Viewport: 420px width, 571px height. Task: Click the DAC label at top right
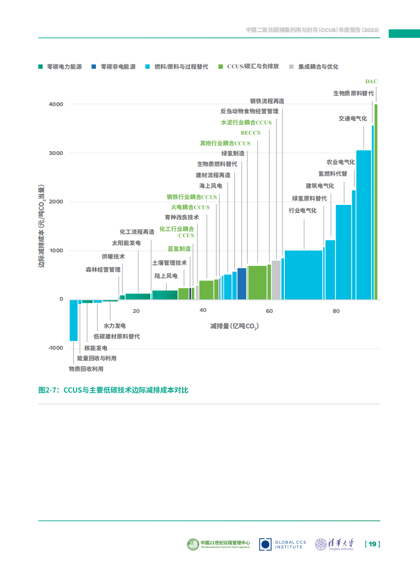coord(371,81)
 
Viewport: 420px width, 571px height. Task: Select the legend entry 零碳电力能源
coord(60,67)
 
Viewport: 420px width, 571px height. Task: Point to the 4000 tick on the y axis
coord(56,104)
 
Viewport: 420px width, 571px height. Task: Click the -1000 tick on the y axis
coord(55,348)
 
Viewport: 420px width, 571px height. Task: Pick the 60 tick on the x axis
coord(269,311)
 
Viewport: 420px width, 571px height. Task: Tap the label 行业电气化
coord(302,211)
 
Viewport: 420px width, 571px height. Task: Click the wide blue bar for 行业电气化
coord(303,274)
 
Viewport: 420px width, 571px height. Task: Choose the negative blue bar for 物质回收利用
coord(74,320)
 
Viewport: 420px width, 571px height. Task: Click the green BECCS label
coord(250,133)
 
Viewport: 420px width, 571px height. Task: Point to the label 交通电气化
coord(353,118)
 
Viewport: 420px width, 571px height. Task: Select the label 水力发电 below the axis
coord(115,326)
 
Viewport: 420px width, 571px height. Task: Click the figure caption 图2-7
coord(113,390)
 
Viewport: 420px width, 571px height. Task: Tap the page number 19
coord(372,544)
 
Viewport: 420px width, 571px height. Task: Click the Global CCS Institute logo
coord(282,544)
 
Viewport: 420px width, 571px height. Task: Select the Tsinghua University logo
coord(334,544)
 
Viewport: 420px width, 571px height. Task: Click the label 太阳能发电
coord(126,243)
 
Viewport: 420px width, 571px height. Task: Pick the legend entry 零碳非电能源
coord(117,67)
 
